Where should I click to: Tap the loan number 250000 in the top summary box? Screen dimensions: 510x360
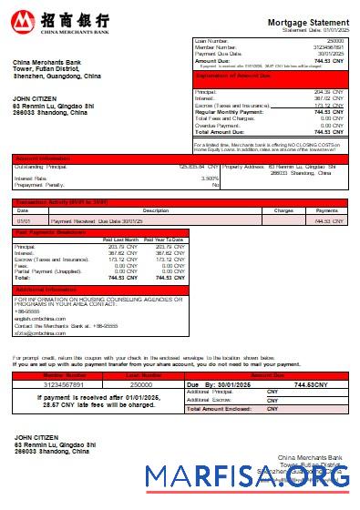tap(334, 41)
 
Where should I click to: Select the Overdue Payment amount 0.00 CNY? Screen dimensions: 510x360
tap(329, 125)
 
